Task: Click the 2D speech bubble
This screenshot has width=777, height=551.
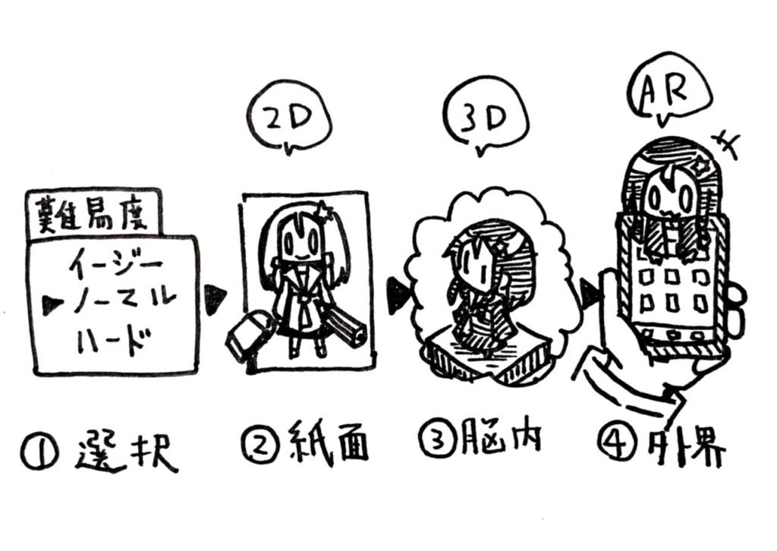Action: [x=288, y=122]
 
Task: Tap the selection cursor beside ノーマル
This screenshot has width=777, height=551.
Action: [x=53, y=304]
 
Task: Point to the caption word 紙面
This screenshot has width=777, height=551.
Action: [x=332, y=442]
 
